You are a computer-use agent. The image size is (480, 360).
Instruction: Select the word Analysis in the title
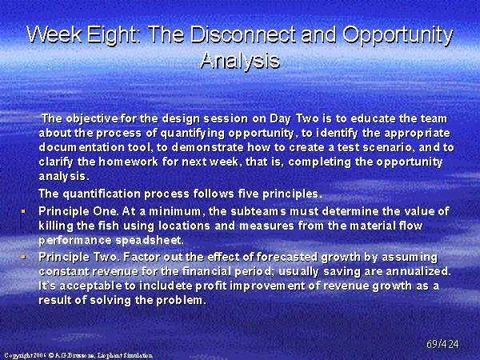240,60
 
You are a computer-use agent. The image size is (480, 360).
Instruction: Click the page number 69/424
442,344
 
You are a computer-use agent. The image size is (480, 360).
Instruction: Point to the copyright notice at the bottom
78,355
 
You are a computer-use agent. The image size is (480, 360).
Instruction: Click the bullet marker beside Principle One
23,211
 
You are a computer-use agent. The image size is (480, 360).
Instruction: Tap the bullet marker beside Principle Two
23,257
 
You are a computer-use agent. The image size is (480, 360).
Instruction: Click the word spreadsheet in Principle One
150,241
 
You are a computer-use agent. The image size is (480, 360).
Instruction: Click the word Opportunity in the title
398,36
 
